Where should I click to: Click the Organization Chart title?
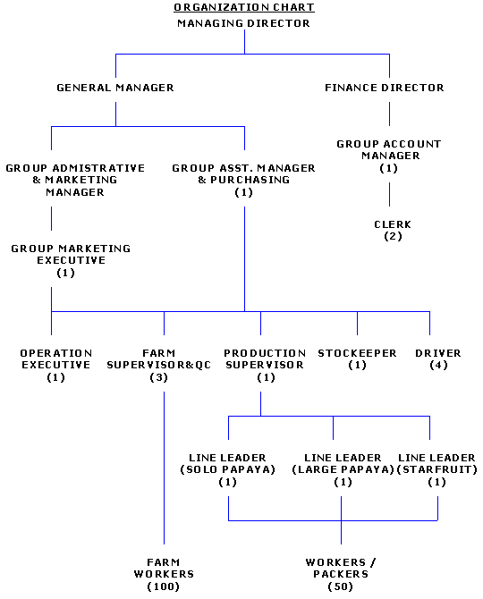coord(244,7)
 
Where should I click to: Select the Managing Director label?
coord(244,23)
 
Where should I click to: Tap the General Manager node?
coord(115,88)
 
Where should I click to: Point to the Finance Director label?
coord(385,88)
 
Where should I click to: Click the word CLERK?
coord(393,224)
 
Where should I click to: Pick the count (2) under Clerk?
coord(393,236)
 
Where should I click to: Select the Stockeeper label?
coord(357,353)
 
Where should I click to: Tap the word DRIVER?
coord(438,353)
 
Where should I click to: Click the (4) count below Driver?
coord(438,365)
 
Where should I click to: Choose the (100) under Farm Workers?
coord(164,586)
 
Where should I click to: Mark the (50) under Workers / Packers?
coord(341,586)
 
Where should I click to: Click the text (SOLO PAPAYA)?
coord(228,469)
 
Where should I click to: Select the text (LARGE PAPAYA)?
coord(343,469)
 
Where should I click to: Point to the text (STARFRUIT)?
coord(437,469)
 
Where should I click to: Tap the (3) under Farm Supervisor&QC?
coord(159,377)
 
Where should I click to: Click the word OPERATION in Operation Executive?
coord(56,353)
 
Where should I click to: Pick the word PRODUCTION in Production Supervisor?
coord(265,353)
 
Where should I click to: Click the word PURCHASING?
coord(250,180)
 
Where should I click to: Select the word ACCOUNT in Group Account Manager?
coord(412,144)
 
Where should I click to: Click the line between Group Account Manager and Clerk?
coord(389,194)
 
